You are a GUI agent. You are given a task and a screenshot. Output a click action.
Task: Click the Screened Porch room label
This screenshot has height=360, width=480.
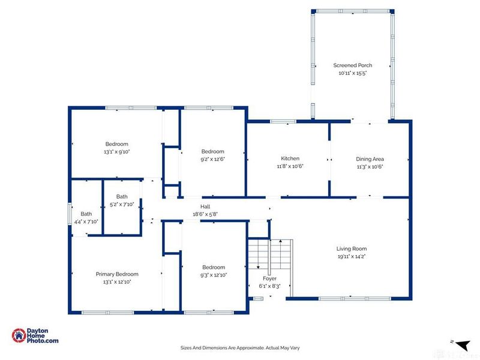(x=353, y=65)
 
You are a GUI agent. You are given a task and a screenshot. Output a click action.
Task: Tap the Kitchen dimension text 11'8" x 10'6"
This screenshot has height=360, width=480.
(x=290, y=166)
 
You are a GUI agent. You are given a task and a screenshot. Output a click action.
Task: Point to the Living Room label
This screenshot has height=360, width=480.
(x=351, y=248)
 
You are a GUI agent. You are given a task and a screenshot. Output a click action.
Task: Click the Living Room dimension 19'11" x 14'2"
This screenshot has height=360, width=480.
(x=351, y=256)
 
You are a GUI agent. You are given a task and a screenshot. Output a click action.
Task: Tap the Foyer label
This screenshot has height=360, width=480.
(x=269, y=278)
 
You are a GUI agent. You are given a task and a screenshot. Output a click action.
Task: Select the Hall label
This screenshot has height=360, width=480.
(x=205, y=206)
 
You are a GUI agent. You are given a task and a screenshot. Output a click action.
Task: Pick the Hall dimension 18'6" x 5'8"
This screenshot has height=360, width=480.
(x=205, y=214)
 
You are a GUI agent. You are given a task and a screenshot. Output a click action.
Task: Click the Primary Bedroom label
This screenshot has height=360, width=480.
(x=117, y=274)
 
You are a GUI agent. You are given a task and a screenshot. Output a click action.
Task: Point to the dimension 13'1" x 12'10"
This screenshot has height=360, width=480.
(x=117, y=281)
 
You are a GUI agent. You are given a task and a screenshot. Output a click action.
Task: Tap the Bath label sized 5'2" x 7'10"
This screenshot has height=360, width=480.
(x=122, y=197)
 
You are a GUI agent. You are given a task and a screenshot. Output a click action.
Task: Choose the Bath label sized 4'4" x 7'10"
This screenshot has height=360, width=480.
(x=86, y=214)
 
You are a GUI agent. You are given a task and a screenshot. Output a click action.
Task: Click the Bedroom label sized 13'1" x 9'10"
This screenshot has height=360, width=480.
(x=117, y=144)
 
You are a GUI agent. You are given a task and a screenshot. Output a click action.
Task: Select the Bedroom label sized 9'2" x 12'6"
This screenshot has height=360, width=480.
(x=212, y=151)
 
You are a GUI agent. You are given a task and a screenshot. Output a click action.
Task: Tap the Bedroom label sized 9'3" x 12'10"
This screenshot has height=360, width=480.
(x=214, y=268)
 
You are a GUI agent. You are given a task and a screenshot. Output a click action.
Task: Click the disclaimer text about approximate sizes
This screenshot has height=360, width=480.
(x=240, y=347)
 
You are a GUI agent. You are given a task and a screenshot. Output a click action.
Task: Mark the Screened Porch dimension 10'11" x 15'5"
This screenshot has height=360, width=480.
(x=353, y=73)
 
